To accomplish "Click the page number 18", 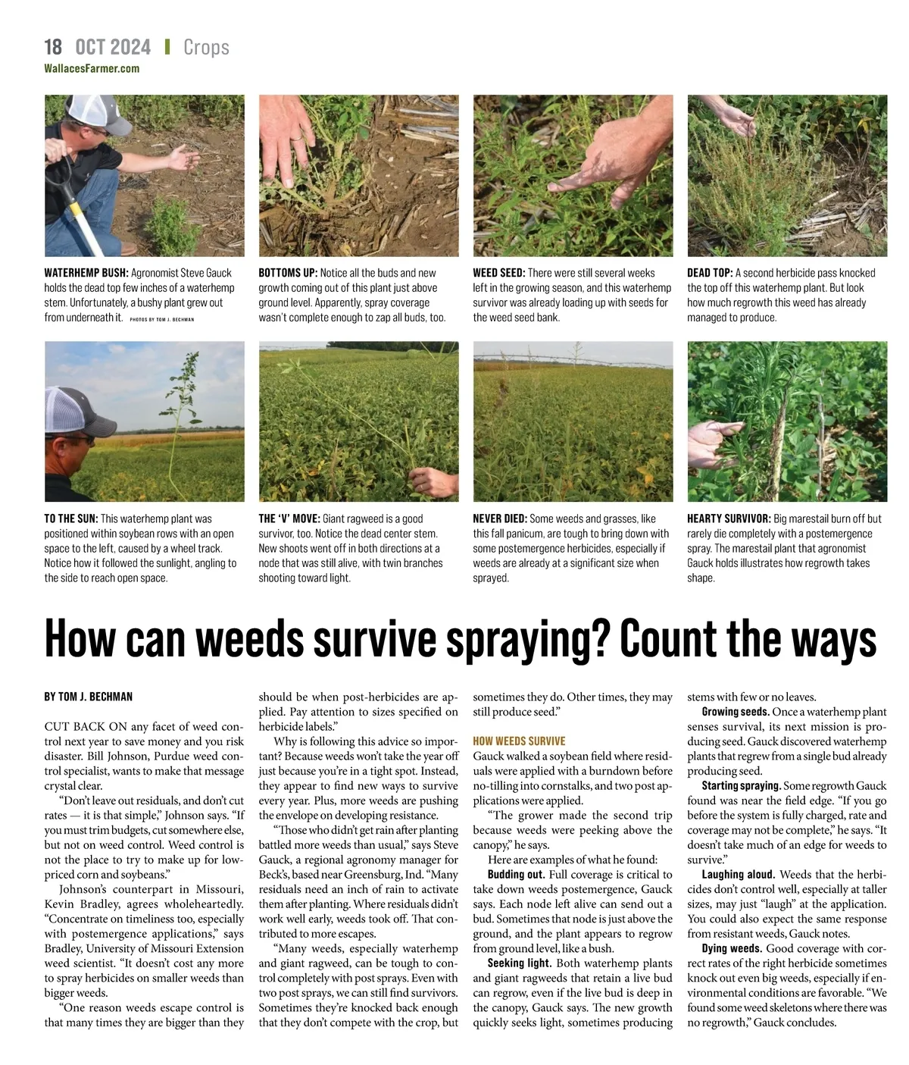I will [x=53, y=47].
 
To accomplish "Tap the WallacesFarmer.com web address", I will [x=92, y=68].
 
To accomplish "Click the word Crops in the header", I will [x=206, y=48].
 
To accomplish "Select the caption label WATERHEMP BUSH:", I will [x=86, y=273].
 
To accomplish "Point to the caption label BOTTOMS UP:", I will [x=288, y=273].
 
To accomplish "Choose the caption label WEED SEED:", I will [x=498, y=273].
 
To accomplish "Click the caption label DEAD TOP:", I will [x=710, y=273].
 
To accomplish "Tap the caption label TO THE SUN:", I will [x=70, y=519].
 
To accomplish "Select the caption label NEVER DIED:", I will [x=500, y=519].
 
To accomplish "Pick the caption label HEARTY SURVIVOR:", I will [x=729, y=519].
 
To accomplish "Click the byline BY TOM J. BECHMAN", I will [x=88, y=697].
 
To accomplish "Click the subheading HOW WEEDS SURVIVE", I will [x=519, y=741].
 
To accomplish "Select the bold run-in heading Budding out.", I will [x=516, y=875].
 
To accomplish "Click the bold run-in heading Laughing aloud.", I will [x=739, y=875].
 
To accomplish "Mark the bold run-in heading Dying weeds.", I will [x=732, y=949].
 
